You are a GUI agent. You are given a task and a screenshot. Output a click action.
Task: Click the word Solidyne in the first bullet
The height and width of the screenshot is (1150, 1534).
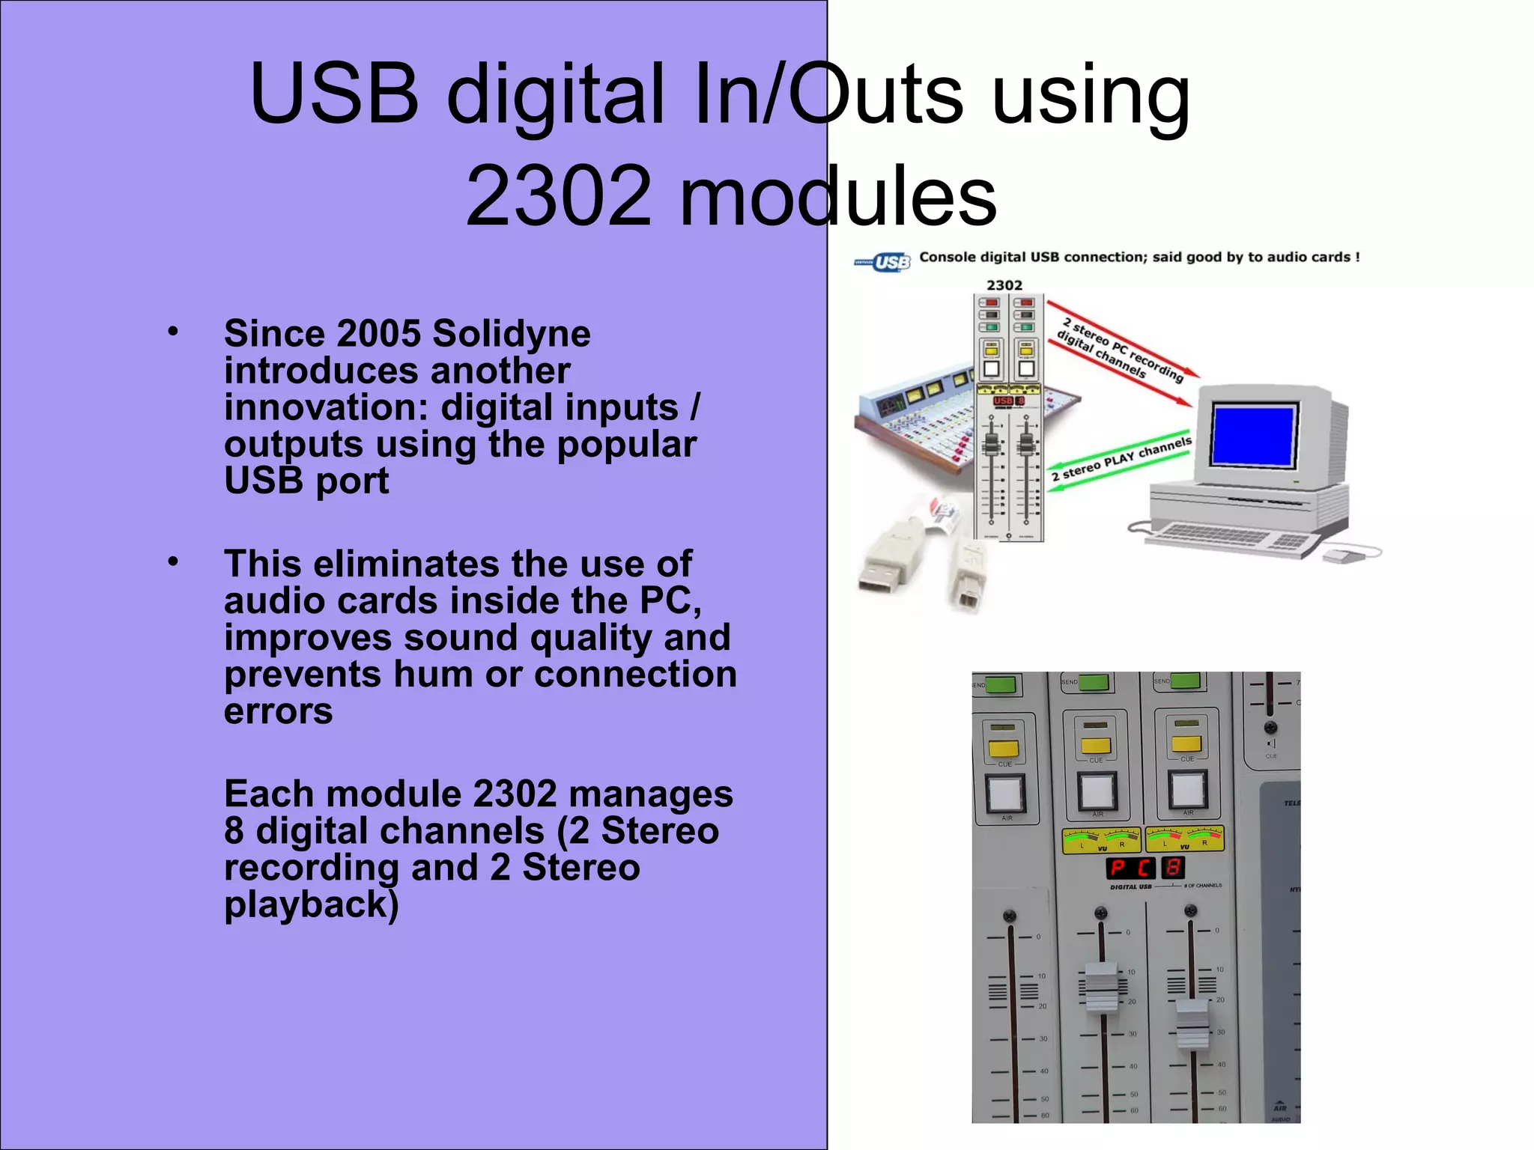(x=512, y=334)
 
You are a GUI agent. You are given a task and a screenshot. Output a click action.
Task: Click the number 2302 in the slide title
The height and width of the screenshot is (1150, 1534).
(x=558, y=196)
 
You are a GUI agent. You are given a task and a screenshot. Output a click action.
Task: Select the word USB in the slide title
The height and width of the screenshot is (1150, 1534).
(x=334, y=94)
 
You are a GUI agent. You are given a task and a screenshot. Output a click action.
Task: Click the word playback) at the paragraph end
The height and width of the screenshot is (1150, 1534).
(x=312, y=904)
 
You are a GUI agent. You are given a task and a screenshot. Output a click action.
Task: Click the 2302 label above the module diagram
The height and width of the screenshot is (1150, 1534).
(x=1004, y=285)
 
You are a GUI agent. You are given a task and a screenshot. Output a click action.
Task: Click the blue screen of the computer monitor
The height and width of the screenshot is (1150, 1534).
(x=1253, y=434)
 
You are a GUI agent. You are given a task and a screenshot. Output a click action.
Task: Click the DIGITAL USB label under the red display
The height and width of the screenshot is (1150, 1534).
(x=1130, y=887)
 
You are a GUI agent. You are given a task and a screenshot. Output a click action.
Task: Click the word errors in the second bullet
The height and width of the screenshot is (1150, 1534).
(x=279, y=711)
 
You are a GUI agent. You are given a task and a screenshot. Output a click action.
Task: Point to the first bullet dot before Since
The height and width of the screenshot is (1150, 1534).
(x=173, y=331)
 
